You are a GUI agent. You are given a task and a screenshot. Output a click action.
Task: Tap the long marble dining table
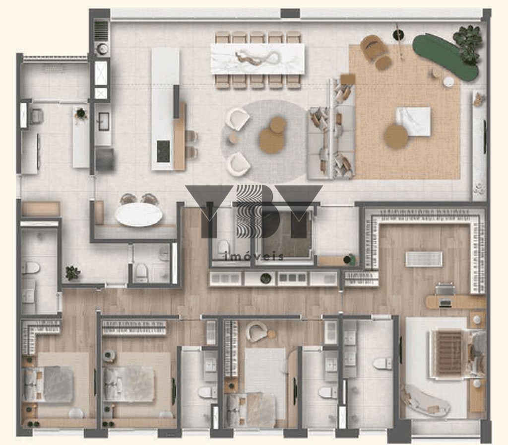(x=257, y=59)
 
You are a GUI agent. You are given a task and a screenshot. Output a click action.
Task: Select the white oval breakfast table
(x=139, y=215)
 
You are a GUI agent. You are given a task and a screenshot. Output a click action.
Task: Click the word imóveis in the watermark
(x=254, y=257)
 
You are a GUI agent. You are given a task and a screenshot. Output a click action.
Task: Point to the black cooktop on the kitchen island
(x=163, y=151)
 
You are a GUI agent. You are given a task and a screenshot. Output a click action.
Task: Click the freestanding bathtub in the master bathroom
(x=425, y=401)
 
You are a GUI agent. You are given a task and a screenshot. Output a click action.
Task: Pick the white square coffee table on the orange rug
(x=413, y=121)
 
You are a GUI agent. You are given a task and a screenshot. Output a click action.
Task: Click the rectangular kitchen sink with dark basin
(x=103, y=121)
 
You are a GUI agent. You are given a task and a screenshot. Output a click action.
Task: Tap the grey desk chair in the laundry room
(x=36, y=116)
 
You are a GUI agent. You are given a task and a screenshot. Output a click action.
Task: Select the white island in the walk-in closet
(x=424, y=259)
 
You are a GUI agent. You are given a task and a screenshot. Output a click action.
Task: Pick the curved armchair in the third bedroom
(x=257, y=332)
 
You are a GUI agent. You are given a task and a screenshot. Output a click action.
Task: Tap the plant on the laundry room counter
(x=81, y=114)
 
